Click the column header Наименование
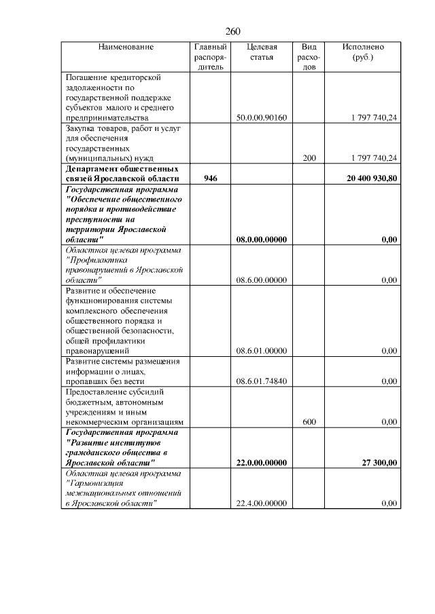pos(126,47)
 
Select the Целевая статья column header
pos(262,52)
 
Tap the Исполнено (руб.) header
pos(363,52)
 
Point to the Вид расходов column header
pos(309,58)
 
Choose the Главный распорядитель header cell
pos(210,58)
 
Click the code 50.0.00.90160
pos(262,118)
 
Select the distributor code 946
pos(211,178)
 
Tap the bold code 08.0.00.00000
pos(262,239)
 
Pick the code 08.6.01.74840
pos(262,381)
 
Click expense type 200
pos(309,158)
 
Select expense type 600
pos(309,422)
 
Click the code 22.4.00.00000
pos(262,503)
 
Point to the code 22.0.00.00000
pos(262,463)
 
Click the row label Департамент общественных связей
pos(122,173)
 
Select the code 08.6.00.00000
pos(262,280)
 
